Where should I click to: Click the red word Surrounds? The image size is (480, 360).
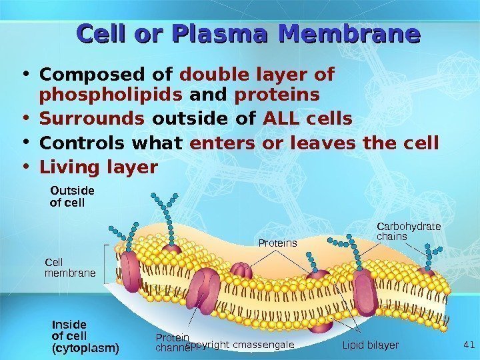pos(93,119)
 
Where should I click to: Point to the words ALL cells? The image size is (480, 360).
pos(307,119)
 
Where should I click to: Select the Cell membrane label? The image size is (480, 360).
pos(70,267)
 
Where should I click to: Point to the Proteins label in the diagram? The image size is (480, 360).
pos(277,243)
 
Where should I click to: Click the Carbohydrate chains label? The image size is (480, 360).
pos(409,231)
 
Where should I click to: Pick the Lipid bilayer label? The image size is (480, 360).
pos(370,345)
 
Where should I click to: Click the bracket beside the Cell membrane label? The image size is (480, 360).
pos(104,265)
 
